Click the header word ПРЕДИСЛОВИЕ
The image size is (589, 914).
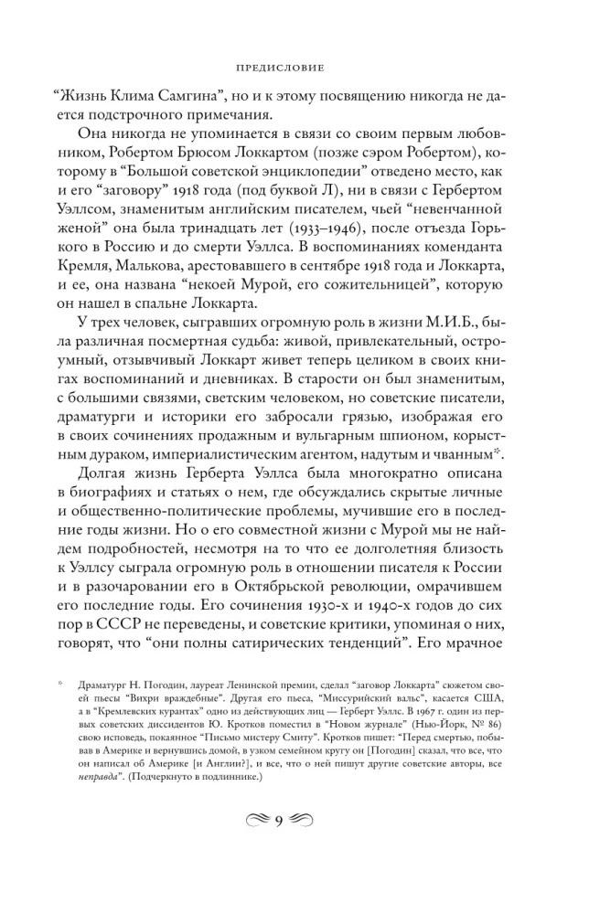pyautogui.click(x=294, y=67)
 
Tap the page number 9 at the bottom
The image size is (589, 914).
pyautogui.click(x=294, y=845)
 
